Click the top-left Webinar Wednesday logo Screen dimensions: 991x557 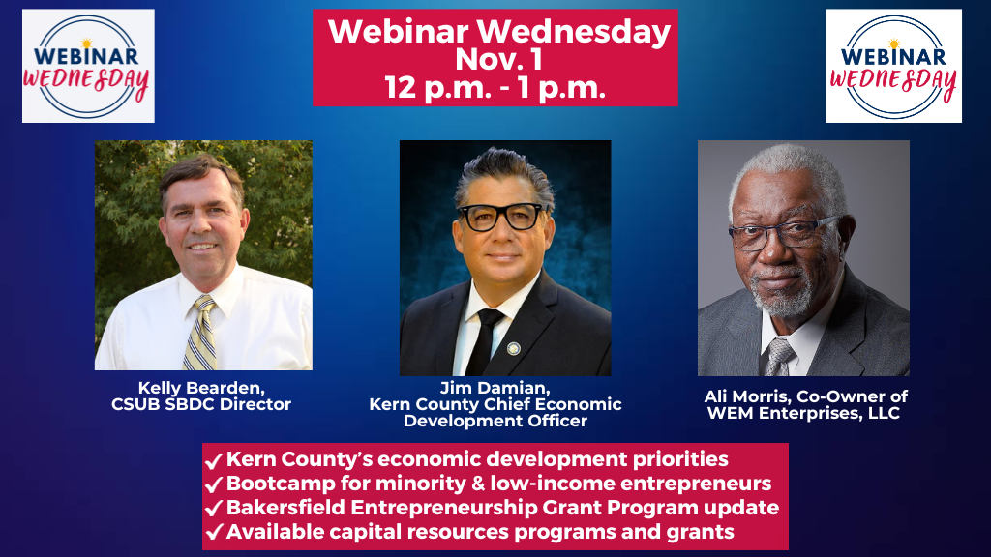[88, 66]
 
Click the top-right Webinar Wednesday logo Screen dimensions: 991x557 [893, 66]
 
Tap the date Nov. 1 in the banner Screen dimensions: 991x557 [498, 59]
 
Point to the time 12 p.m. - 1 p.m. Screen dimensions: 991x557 [495, 87]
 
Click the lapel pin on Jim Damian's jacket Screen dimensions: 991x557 [514, 348]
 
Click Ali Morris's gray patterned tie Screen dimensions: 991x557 [779, 358]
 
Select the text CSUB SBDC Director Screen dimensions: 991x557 [201, 404]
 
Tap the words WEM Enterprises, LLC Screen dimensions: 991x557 [802, 414]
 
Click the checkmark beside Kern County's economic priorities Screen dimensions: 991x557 [214, 460]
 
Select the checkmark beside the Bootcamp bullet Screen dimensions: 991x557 [214, 484]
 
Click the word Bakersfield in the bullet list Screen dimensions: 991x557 [285, 508]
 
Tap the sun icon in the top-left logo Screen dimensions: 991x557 [86, 43]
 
